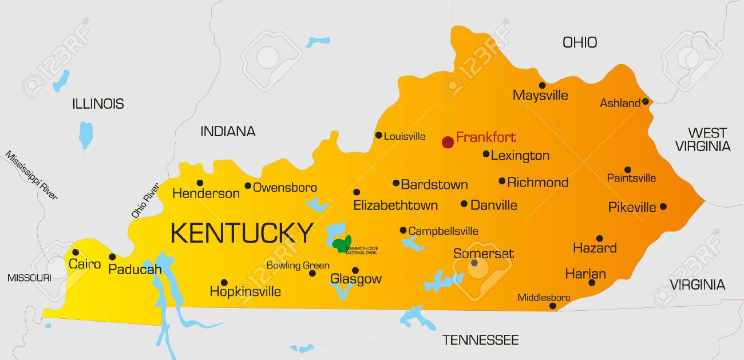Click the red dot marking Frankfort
[x=448, y=141]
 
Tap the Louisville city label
[x=405, y=136]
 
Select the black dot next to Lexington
[x=486, y=153]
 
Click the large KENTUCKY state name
[x=242, y=233]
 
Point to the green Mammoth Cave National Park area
[x=342, y=244]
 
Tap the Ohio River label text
[x=145, y=200]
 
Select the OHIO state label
[x=579, y=42]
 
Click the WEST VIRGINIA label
[x=703, y=140]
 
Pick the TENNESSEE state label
[x=480, y=340]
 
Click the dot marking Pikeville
[x=663, y=207]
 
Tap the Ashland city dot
[x=645, y=101]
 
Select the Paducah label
[x=134, y=268]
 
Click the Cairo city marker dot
[x=75, y=252]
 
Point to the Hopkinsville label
[x=245, y=291]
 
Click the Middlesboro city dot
[x=552, y=306]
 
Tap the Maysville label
[x=540, y=95]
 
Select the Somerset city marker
[x=474, y=263]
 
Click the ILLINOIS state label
[x=98, y=104]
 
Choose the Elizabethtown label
[x=395, y=205]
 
